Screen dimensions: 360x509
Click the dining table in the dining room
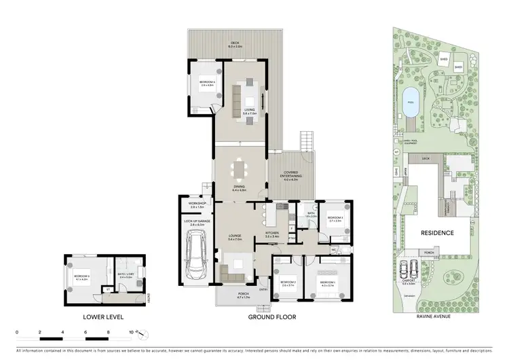pyautogui.click(x=240, y=169)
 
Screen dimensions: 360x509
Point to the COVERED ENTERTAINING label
pyautogui.click(x=290, y=174)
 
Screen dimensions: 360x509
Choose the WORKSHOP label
pyautogui.click(x=195, y=204)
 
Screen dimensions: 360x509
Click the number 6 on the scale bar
pyautogui.click(x=86, y=333)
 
